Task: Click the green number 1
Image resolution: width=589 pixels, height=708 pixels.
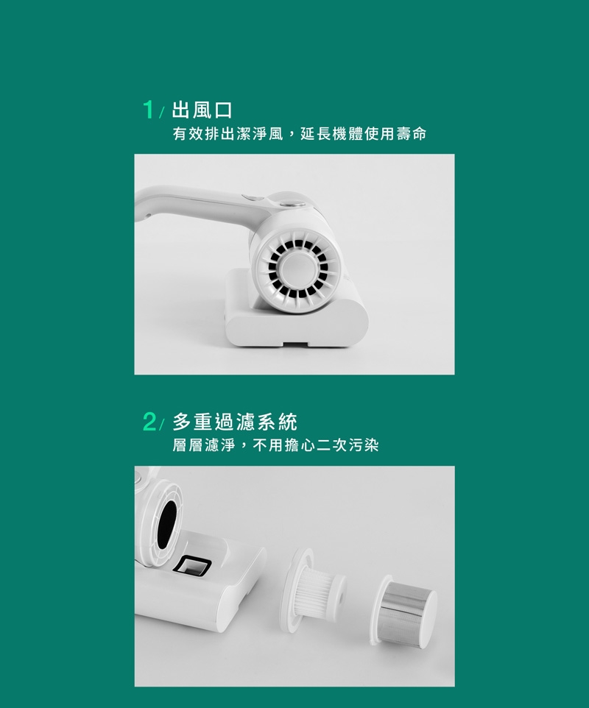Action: click(x=148, y=110)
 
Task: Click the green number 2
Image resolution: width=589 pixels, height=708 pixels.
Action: click(x=149, y=422)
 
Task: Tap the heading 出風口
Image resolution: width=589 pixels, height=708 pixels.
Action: click(x=202, y=110)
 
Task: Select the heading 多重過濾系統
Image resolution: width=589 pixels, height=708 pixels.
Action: click(x=235, y=422)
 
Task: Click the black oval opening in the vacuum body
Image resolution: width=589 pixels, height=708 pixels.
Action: click(x=168, y=523)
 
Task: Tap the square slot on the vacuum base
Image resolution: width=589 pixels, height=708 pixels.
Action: click(x=193, y=565)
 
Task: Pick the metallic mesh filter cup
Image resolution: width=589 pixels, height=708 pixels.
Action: click(x=403, y=609)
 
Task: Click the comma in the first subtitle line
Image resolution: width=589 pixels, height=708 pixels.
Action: click(x=290, y=135)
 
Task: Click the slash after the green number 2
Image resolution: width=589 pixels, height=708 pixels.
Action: click(x=162, y=425)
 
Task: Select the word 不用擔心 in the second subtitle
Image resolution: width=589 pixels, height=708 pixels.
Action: click(x=283, y=446)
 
